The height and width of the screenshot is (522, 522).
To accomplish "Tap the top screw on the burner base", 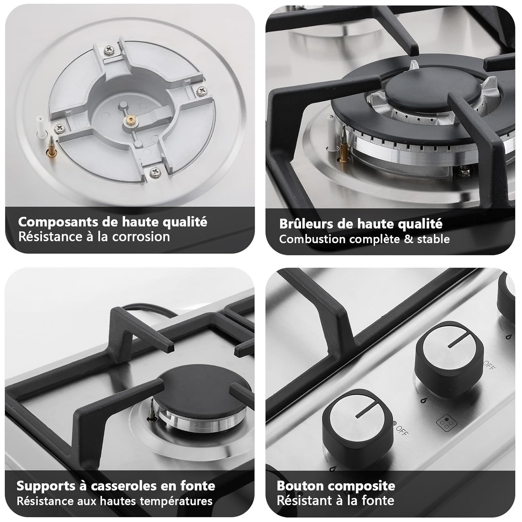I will (x=110, y=50).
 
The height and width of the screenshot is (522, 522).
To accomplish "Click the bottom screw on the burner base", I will (x=154, y=171).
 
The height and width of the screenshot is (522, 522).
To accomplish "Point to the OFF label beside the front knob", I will (x=402, y=430).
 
